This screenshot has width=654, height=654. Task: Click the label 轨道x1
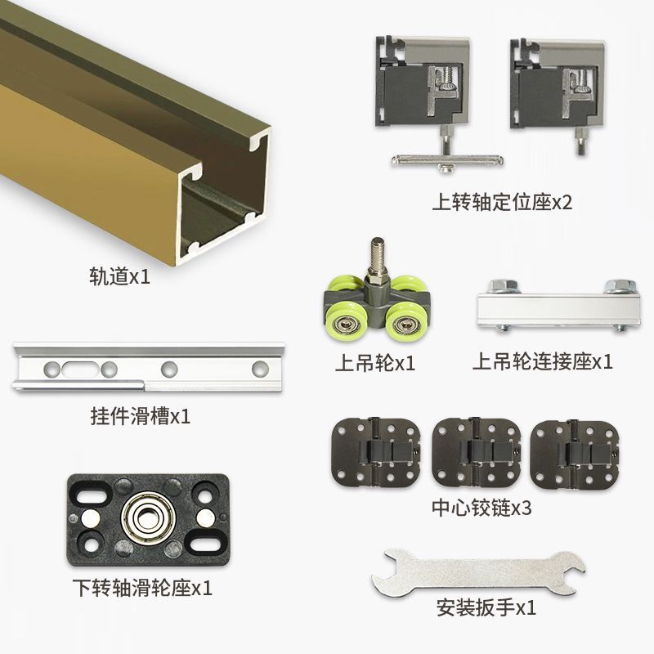pyautogui.click(x=119, y=276)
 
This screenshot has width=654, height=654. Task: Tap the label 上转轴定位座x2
pyautogui.click(x=502, y=202)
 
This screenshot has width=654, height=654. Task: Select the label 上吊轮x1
pyautogui.click(x=375, y=363)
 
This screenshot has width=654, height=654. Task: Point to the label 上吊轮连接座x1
pyautogui.click(x=543, y=361)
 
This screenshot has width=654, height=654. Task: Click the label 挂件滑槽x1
pyautogui.click(x=141, y=416)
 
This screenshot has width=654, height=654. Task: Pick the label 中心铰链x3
pyautogui.click(x=482, y=508)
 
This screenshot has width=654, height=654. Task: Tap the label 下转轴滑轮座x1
pyautogui.click(x=142, y=588)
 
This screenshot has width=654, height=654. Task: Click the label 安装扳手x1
pyautogui.click(x=486, y=607)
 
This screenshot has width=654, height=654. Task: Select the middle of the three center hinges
pyautogui.click(x=477, y=452)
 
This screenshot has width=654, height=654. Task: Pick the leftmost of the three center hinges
pyautogui.click(x=375, y=453)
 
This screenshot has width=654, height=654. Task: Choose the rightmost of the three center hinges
pyautogui.click(x=575, y=453)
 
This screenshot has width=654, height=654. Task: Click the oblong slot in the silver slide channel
pyautogui.click(x=79, y=369)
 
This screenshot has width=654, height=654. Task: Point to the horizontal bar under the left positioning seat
pyautogui.click(x=447, y=159)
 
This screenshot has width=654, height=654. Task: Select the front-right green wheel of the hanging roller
pyautogui.click(x=402, y=322)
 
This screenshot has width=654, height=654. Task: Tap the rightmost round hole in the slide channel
pyautogui.click(x=260, y=368)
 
